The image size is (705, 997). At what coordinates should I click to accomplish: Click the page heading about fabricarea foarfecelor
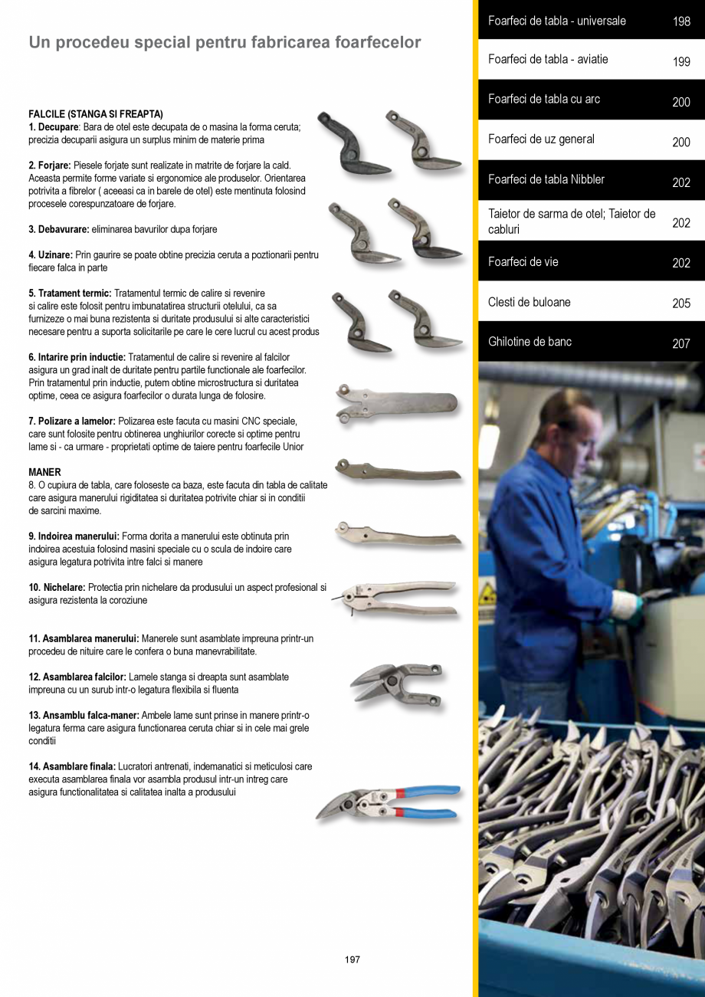pyautogui.click(x=225, y=43)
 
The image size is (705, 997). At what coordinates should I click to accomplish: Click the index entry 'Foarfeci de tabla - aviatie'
pyautogui.click(x=548, y=59)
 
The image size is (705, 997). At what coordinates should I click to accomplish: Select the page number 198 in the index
pyautogui.click(x=681, y=21)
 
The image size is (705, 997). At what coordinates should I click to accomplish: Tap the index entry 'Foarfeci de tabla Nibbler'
pyautogui.click(x=546, y=179)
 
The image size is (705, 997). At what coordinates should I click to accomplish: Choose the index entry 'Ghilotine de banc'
pyautogui.click(x=530, y=342)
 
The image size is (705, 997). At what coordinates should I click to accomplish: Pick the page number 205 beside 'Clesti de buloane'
pyautogui.click(x=681, y=303)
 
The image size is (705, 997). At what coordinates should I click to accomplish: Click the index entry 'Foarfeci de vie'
pyautogui.click(x=523, y=262)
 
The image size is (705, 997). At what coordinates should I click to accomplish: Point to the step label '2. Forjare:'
pyautogui.click(x=50, y=166)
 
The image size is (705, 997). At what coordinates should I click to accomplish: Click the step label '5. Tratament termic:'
pyautogui.click(x=70, y=294)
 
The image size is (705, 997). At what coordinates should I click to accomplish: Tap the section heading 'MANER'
pyautogui.click(x=44, y=472)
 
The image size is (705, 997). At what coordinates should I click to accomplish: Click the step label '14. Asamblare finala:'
pyautogui.click(x=72, y=766)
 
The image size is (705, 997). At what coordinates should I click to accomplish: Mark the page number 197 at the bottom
pyautogui.click(x=352, y=959)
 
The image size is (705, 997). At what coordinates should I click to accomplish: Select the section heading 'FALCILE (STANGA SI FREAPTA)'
pyautogui.click(x=96, y=114)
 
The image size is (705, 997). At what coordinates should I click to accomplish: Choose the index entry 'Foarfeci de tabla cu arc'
pyautogui.click(x=543, y=100)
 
